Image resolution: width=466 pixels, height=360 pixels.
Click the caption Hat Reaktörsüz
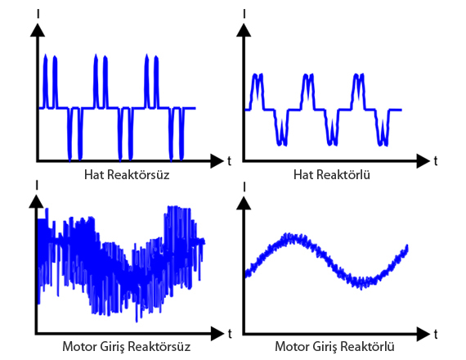[x=127, y=174]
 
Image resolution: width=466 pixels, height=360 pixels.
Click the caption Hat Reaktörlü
[x=332, y=174]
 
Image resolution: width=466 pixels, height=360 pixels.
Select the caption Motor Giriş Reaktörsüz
[x=126, y=347]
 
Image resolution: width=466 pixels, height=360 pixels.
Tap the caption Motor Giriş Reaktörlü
[x=334, y=347]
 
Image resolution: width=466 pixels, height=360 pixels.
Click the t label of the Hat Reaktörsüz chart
[x=229, y=161]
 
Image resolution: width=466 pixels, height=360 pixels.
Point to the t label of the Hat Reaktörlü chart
[x=436, y=161]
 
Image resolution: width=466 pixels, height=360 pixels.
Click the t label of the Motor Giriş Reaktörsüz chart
[x=230, y=334]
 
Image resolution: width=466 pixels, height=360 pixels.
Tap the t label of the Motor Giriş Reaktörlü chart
[x=436, y=334]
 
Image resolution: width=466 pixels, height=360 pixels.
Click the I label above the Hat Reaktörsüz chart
[x=38, y=14]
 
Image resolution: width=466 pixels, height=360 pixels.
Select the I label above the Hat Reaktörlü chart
[x=244, y=14]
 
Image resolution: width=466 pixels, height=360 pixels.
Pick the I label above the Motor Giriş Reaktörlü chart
[x=244, y=187]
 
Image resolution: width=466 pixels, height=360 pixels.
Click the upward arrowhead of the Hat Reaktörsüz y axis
[x=38, y=30]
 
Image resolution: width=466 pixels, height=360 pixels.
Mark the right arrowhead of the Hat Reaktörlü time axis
[x=423, y=161]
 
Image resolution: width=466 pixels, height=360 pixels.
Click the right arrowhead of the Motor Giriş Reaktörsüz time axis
[x=217, y=334]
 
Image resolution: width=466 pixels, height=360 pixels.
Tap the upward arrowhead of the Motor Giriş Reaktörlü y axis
[x=244, y=203]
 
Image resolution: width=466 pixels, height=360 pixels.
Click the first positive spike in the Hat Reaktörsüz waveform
[x=45, y=81]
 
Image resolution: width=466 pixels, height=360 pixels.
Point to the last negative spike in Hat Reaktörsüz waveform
[x=181, y=134]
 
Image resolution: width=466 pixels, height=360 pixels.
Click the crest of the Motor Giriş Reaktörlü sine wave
[x=289, y=237]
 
